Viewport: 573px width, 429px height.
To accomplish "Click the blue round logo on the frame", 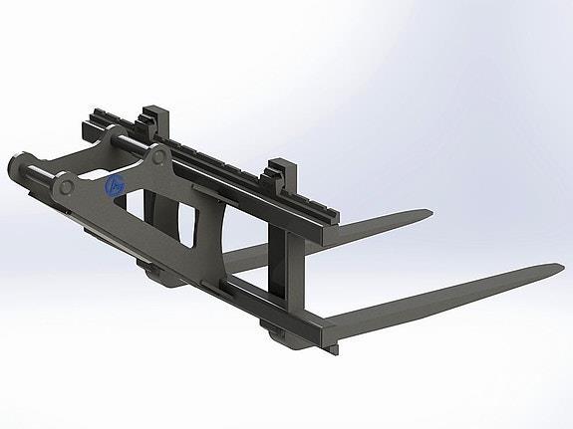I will coord(115,185).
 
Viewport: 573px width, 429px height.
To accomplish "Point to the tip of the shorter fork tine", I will coord(430,212).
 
